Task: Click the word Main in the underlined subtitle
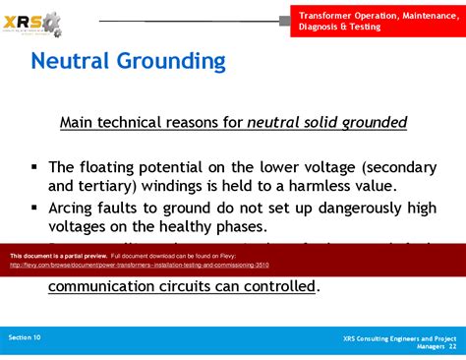pos(79,123)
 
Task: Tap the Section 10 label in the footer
pos(25,336)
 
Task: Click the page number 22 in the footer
pos(452,346)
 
